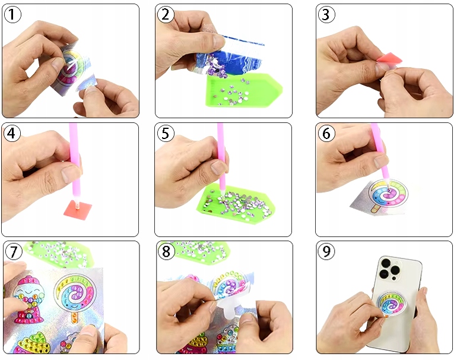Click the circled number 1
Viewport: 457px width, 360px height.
(x=12, y=14)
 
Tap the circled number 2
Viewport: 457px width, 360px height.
(x=166, y=14)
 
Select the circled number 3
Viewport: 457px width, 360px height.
(x=326, y=14)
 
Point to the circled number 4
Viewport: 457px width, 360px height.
(x=12, y=133)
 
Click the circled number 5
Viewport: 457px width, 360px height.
(x=166, y=133)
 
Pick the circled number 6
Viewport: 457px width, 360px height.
(x=326, y=133)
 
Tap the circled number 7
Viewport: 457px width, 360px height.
(x=14, y=251)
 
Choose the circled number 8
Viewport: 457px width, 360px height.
(x=166, y=251)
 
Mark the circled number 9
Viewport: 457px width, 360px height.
(x=326, y=251)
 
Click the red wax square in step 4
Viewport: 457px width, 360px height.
(x=78, y=209)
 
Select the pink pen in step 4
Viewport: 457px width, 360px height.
(x=74, y=165)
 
